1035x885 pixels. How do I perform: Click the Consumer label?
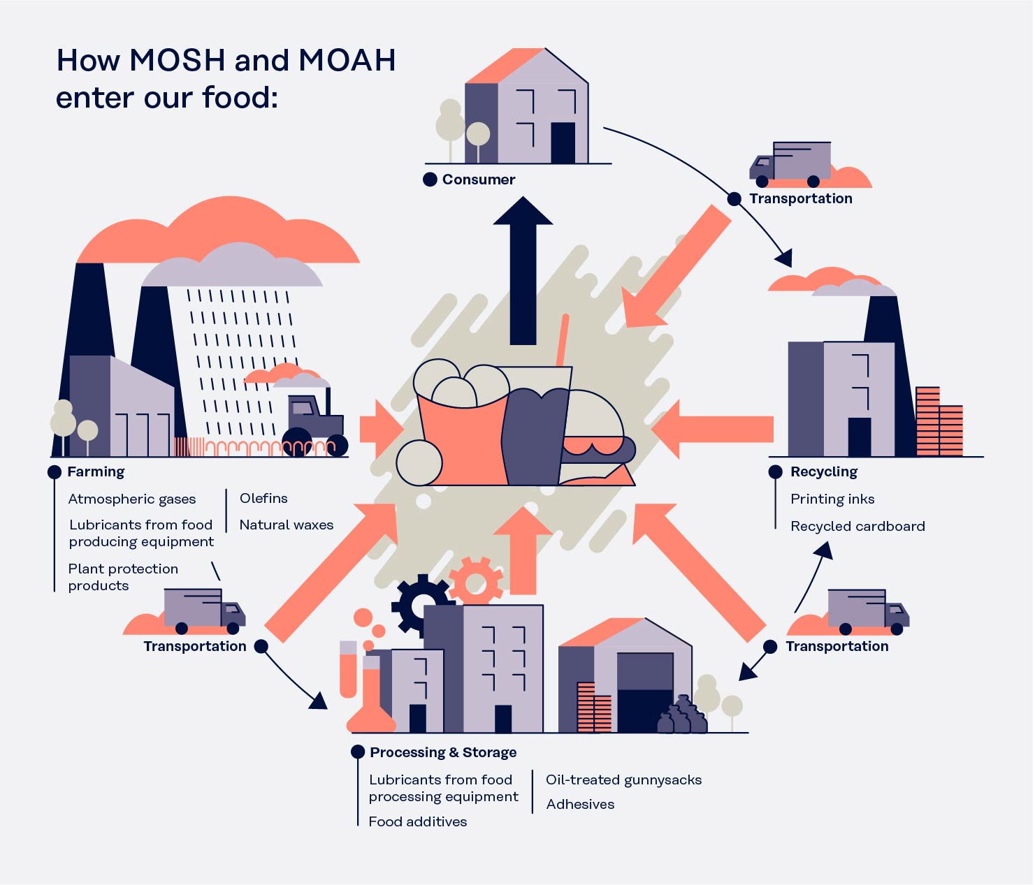pyautogui.click(x=479, y=180)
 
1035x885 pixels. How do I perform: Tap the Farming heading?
pyautogui.click(x=96, y=471)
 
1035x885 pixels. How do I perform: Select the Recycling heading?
pyautogui.click(x=823, y=471)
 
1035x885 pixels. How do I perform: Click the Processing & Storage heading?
pyautogui.click(x=443, y=752)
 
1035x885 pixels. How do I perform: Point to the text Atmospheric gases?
pyautogui.click(x=132, y=499)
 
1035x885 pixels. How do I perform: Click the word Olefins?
pyautogui.click(x=263, y=498)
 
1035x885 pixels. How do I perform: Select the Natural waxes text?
pyautogui.click(x=287, y=525)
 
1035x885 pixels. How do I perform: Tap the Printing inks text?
pyautogui.click(x=832, y=499)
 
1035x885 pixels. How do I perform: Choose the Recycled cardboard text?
pyautogui.click(x=857, y=526)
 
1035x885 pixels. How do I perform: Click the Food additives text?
pyautogui.click(x=418, y=821)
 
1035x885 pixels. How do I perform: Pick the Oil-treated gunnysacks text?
pyautogui.click(x=623, y=780)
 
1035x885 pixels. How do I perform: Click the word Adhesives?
pyautogui.click(x=580, y=804)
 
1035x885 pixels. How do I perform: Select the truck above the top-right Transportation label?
pyautogui.click(x=791, y=165)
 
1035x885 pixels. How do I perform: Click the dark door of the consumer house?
pyautogui.click(x=563, y=142)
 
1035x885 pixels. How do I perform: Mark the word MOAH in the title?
pyautogui.click(x=347, y=60)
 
